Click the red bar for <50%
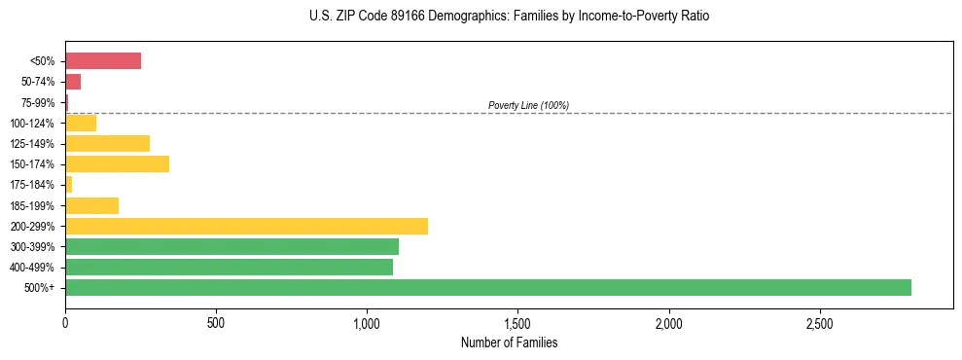tap(103, 61)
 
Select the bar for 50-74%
tap(73, 82)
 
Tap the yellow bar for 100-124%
tap(81, 123)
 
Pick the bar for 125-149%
tap(107, 143)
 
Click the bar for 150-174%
tap(117, 163)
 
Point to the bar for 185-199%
tap(91, 205)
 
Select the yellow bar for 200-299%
tap(246, 226)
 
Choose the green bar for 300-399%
tap(232, 246)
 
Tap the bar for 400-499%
tap(229, 267)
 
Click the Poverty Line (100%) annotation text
tap(528, 105)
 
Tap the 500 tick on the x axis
tap(216, 322)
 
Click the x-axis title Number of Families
tap(509, 342)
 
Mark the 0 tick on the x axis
tap(65, 322)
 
